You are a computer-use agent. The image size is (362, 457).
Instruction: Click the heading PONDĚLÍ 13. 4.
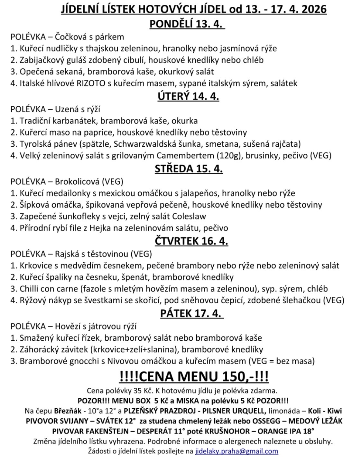(187, 24)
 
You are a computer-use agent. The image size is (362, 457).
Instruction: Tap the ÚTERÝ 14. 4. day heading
(188, 96)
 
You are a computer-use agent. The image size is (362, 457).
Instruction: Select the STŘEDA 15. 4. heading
(189, 169)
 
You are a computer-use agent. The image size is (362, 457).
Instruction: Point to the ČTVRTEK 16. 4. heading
(191, 241)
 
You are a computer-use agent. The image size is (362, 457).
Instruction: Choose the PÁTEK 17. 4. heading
(192, 313)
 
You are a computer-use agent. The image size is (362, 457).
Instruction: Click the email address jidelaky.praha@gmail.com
(237, 451)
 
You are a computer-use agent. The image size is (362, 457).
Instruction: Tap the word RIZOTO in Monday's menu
(91, 83)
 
